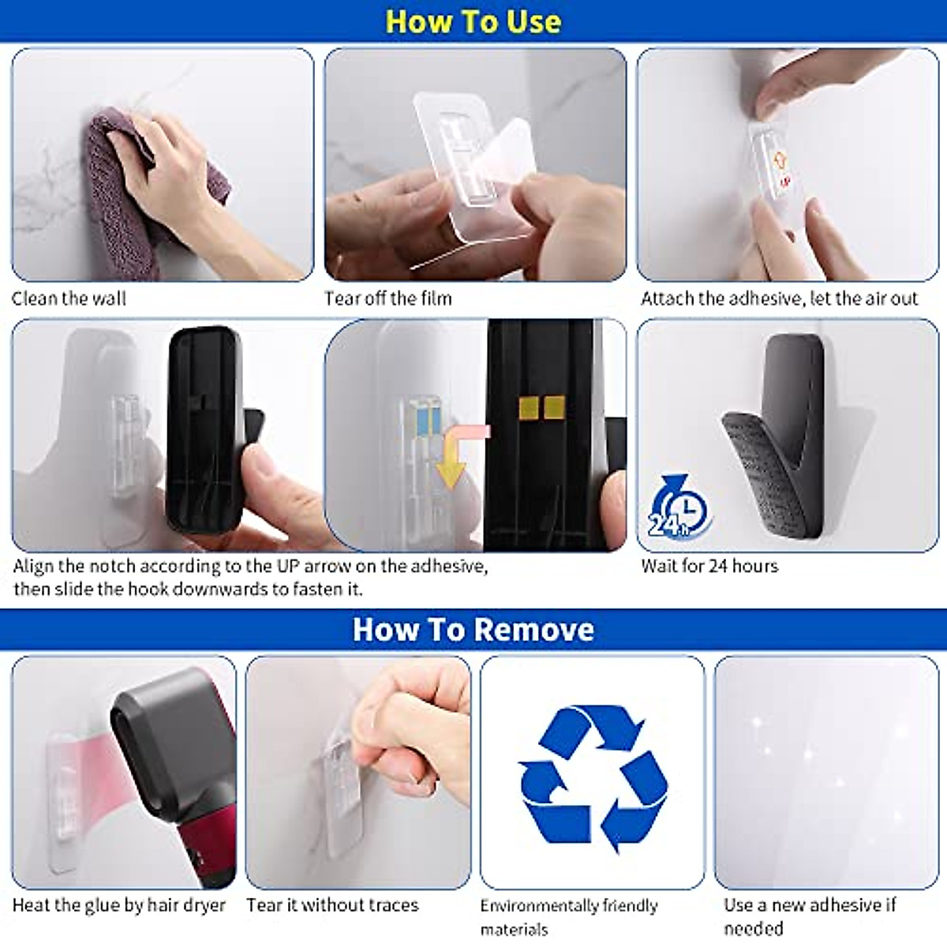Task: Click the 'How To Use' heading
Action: (x=473, y=21)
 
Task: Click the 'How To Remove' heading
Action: (x=473, y=630)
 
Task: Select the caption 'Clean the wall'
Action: (x=69, y=299)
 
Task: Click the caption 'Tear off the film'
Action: (x=388, y=299)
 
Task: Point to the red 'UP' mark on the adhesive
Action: (x=784, y=182)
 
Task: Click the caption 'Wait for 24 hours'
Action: (x=709, y=566)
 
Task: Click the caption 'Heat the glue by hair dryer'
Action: (x=119, y=905)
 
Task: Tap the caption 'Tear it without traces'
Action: (x=332, y=905)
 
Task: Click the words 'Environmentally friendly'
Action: (x=569, y=906)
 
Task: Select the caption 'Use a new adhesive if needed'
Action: (x=810, y=915)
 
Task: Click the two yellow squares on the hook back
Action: (x=541, y=407)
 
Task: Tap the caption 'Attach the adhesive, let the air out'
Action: (x=780, y=299)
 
